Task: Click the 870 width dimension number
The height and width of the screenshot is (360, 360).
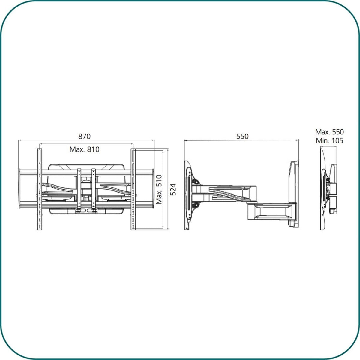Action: pos(84,136)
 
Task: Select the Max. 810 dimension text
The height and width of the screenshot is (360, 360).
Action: pos(84,149)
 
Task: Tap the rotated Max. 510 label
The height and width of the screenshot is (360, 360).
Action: pos(159,190)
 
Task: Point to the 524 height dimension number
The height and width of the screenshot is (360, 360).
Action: pos(173,190)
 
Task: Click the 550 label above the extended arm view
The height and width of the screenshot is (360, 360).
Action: pos(242,136)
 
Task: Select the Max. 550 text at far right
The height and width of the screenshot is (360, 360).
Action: pos(329,132)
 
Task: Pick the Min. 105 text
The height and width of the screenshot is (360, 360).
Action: pos(329,140)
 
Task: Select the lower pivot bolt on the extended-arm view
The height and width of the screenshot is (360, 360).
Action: pos(196,206)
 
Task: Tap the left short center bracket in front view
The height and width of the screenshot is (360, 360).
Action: pos(79,189)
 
